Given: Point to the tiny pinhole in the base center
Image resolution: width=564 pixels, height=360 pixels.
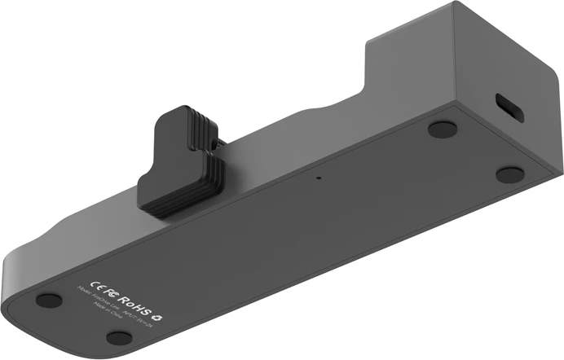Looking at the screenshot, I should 319,177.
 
